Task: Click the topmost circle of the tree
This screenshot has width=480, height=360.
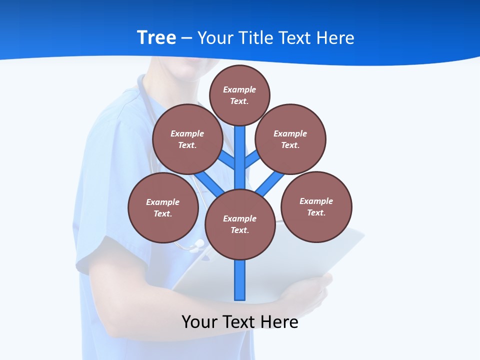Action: point(239,95)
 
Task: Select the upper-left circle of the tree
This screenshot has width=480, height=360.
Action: point(187,139)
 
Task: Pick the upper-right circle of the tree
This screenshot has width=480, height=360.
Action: point(290,139)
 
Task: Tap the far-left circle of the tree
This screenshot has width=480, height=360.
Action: point(163,207)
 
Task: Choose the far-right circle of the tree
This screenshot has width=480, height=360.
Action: point(316,206)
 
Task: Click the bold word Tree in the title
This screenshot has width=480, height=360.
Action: point(156,37)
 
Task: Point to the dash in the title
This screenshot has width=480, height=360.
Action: point(186,38)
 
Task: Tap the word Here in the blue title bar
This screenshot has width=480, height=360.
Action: point(335,37)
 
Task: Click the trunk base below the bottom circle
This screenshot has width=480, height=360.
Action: point(240,280)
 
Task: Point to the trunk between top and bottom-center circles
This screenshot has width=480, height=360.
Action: point(240,155)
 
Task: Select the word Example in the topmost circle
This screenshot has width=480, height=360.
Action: point(239,89)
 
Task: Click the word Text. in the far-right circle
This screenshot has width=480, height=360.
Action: point(316,212)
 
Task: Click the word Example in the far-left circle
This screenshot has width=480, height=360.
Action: point(162,202)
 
